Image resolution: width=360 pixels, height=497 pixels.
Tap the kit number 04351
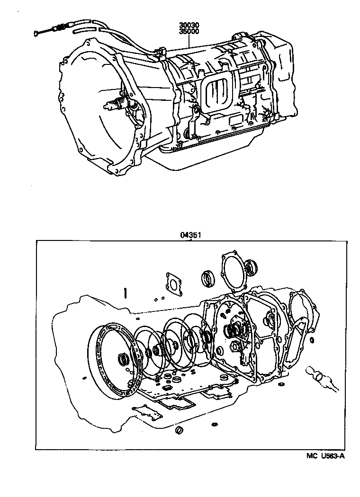click(189, 235)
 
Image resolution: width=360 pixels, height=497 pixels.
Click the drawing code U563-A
click(331, 456)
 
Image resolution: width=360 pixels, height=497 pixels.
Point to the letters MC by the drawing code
click(310, 456)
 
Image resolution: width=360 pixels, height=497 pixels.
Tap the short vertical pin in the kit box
click(125, 293)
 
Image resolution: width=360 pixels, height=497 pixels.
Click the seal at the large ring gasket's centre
click(123, 360)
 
